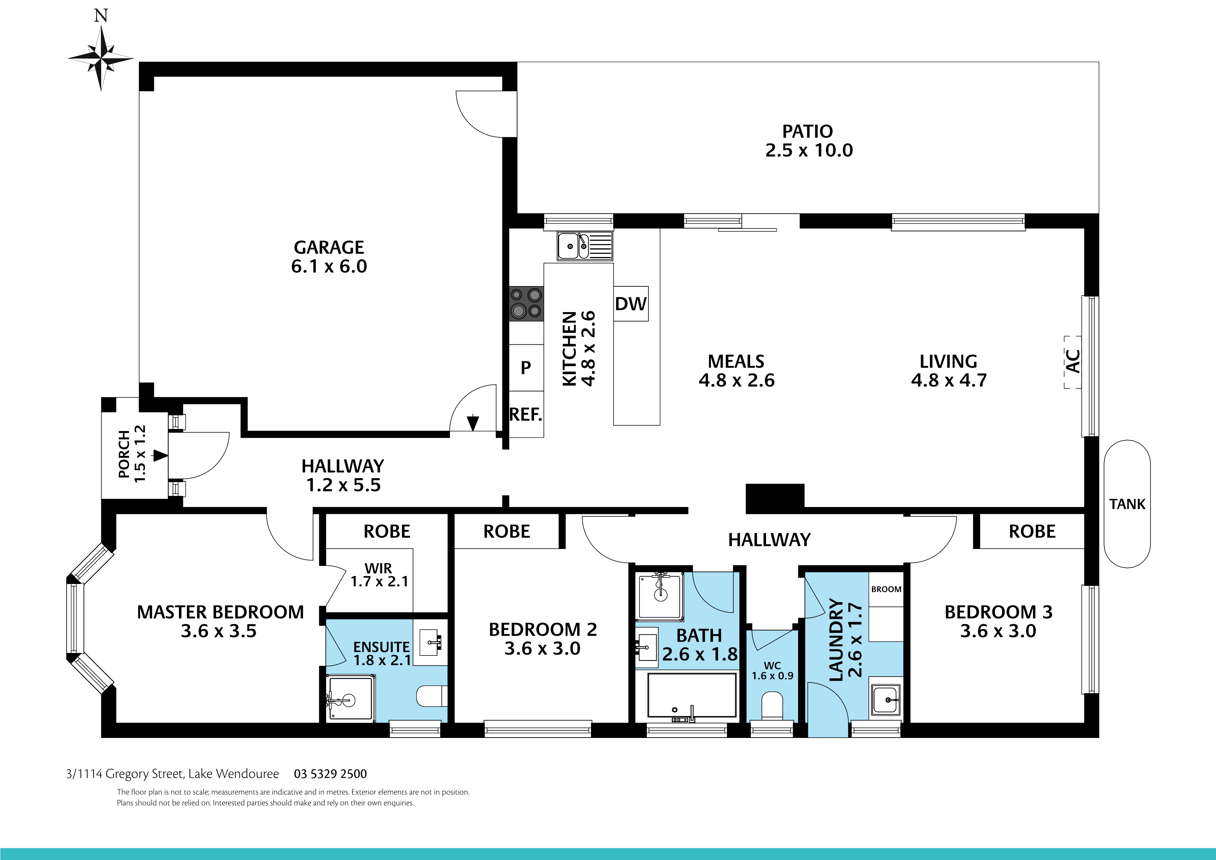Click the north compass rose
click(x=101, y=58)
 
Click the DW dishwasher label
click(x=631, y=304)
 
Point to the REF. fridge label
click(x=526, y=414)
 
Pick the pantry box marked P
click(x=526, y=367)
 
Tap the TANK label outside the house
click(x=1127, y=504)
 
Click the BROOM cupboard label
click(x=886, y=589)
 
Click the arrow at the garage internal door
click(x=473, y=423)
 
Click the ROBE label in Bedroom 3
click(x=1032, y=532)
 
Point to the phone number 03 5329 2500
click(x=330, y=774)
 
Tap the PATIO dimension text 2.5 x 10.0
click(x=809, y=150)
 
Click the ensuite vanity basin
click(x=430, y=643)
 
